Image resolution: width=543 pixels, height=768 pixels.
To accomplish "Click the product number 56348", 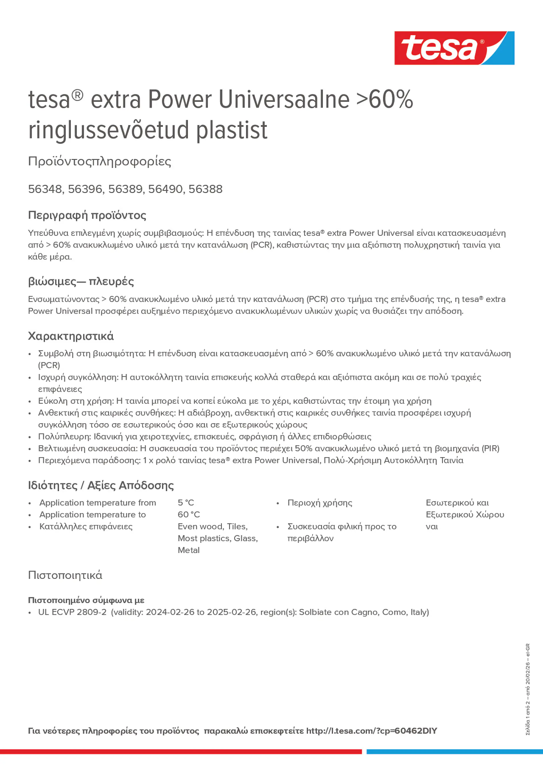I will [45, 189].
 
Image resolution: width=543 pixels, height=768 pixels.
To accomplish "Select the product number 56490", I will [165, 189].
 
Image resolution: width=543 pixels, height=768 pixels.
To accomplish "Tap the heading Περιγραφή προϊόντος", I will [87, 215].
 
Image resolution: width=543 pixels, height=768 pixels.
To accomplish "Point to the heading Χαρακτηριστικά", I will [71, 336].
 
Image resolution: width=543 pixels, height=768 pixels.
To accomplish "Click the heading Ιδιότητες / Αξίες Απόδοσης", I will [101, 485].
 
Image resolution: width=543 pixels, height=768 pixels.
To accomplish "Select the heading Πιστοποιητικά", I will [65, 575].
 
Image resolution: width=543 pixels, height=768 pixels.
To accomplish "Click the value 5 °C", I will [186, 502].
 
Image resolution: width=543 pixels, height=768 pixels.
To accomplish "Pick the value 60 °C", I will [189, 514].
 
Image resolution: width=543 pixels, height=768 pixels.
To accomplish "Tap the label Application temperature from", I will [98, 502].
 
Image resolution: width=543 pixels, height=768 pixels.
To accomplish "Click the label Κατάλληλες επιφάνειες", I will [86, 526].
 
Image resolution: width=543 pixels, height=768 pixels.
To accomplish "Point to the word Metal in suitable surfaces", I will [188, 550].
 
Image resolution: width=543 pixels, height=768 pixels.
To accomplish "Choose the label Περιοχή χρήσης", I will [320, 502].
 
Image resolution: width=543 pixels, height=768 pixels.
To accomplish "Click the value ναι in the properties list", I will [432, 526].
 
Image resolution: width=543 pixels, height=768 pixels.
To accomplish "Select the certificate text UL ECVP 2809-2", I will [72, 612].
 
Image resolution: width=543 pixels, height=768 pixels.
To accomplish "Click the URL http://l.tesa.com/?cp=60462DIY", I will [371, 731].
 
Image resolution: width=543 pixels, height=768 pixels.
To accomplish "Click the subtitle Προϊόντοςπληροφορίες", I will [100, 161].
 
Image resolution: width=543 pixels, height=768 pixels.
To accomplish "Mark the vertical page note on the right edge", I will [528, 689].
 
